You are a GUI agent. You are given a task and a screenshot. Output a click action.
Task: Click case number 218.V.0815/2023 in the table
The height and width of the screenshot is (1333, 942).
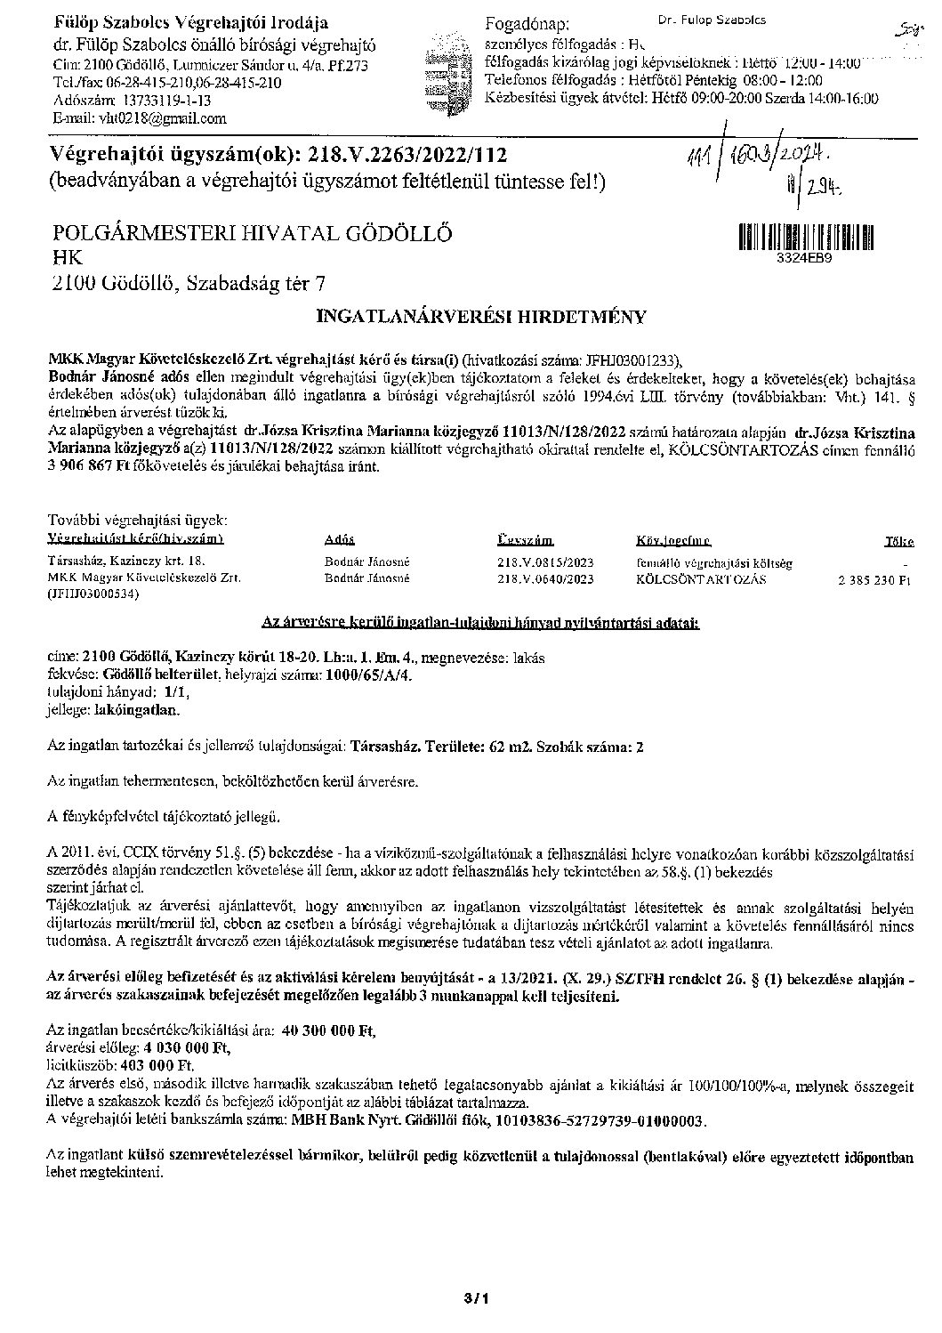[x=544, y=562]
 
